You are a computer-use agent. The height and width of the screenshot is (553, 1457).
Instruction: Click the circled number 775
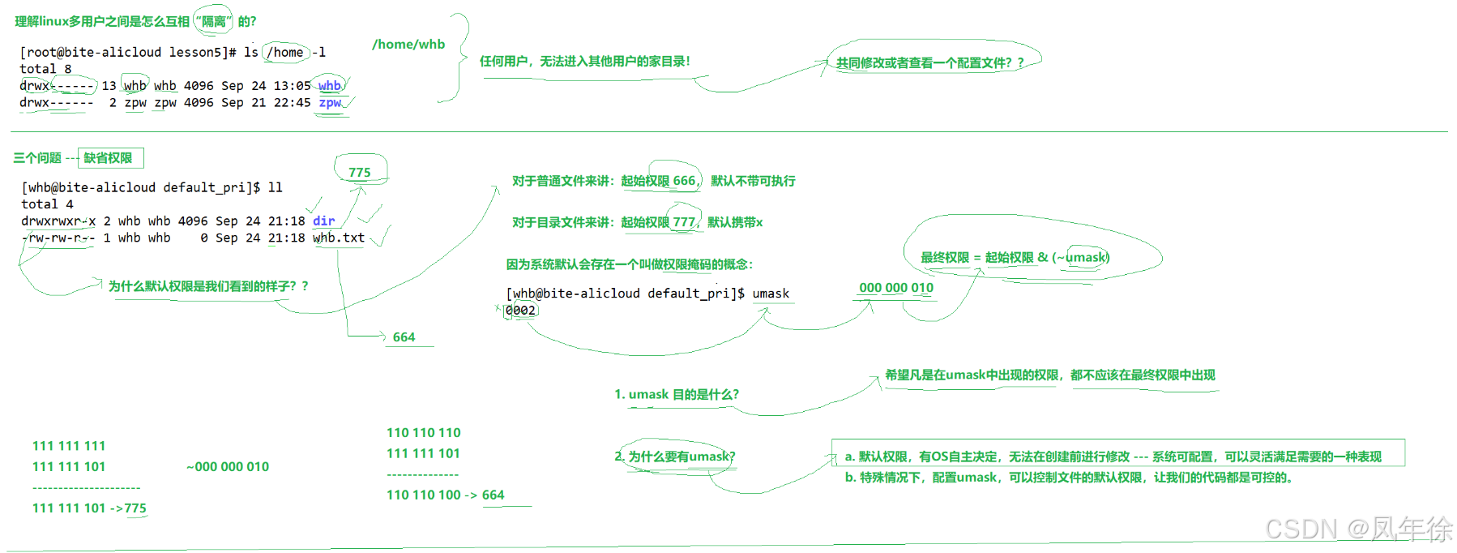360,173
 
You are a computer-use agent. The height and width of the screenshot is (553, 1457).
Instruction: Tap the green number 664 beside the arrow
404,337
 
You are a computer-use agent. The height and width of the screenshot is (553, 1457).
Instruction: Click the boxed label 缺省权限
109,158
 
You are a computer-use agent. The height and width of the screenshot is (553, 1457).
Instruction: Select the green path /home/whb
408,45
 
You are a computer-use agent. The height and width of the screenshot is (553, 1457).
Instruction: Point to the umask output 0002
520,311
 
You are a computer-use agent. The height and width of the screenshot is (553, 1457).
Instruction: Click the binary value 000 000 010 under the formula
895,288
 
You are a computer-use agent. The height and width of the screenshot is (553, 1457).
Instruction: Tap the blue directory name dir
323,221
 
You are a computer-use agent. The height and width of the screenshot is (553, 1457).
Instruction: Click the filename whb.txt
339,238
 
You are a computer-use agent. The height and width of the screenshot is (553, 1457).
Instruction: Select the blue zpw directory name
330,103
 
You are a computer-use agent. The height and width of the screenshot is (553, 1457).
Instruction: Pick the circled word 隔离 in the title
214,22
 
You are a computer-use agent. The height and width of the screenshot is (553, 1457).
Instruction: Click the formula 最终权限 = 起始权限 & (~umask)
1015,258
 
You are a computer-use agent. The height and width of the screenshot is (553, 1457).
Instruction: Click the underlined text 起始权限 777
658,222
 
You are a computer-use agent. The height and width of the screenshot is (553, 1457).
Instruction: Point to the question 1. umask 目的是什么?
676,395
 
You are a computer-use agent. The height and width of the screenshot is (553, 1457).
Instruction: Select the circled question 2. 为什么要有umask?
675,457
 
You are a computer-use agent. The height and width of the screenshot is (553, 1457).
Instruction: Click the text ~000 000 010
228,467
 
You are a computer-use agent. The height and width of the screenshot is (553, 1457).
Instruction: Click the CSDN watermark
1358,529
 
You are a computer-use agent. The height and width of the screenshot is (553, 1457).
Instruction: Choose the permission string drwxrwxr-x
58,221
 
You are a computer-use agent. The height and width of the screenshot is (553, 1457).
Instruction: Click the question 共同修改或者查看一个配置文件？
929,63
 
